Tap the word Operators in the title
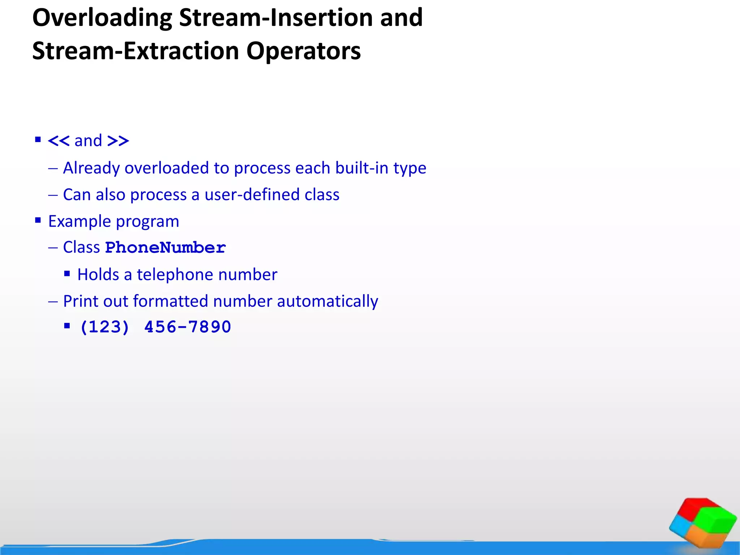pos(303,51)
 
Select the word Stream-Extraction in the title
pos(135,51)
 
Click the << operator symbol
pos(58,141)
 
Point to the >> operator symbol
pos(118,141)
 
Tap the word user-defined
pos(252,195)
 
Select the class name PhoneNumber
pos(165,248)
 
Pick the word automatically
pos(327,301)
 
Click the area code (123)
pos(104,327)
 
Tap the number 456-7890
pos(188,327)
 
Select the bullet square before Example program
pos(38,220)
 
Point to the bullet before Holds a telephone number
pos(67,274)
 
